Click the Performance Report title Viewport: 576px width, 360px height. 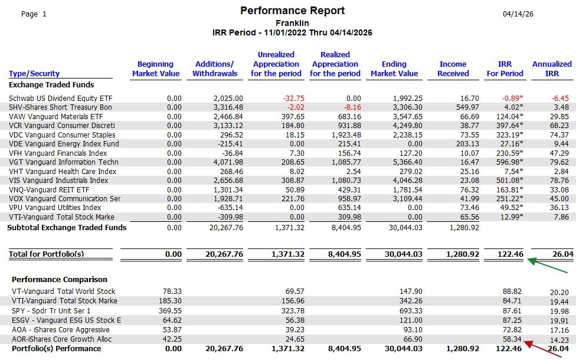point(293,11)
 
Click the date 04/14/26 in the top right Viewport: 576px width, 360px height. point(518,14)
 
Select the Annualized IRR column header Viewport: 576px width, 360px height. point(552,68)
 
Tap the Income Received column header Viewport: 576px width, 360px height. point(453,68)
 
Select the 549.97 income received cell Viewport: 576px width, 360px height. point(467,107)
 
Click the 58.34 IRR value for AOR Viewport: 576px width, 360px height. point(511,339)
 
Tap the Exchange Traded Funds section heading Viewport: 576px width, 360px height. point(51,84)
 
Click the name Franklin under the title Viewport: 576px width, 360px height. point(292,23)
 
